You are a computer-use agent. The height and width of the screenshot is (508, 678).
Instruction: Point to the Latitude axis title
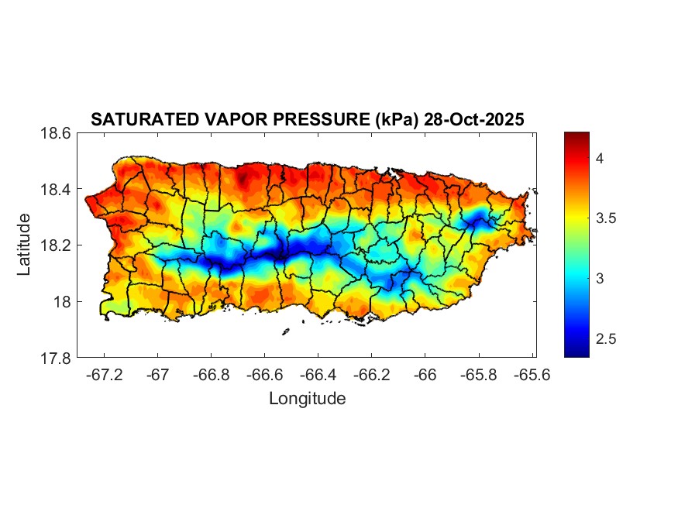click(24, 245)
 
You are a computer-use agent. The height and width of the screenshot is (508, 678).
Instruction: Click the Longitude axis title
click(307, 399)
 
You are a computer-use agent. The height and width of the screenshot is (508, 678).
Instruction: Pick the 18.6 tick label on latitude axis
click(55, 133)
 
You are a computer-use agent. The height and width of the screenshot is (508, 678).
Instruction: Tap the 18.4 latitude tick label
click(55, 190)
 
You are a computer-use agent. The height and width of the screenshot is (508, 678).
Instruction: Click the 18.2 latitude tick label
click(55, 245)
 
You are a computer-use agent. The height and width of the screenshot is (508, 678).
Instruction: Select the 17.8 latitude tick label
click(55, 358)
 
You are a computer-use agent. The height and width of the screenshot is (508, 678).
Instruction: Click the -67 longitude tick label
click(158, 374)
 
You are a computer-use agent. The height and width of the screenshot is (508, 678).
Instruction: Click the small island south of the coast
click(285, 331)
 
